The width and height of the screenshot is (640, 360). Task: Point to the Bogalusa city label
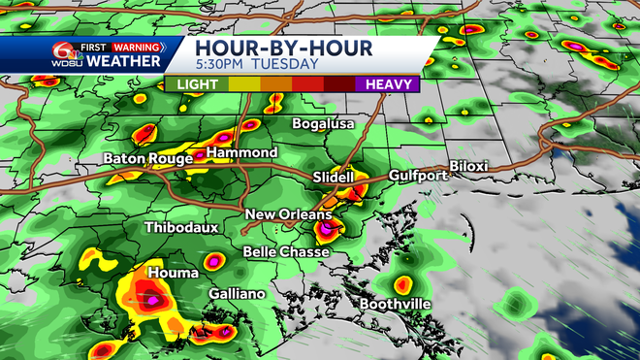(x=324, y=125)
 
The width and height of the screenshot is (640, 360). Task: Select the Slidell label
(x=335, y=178)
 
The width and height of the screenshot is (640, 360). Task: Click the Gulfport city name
(x=418, y=175)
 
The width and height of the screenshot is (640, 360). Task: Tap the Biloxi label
(x=468, y=166)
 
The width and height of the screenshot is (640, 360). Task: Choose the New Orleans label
(x=288, y=214)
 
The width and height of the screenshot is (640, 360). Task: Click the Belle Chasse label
(x=286, y=251)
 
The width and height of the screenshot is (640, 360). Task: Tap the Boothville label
(x=396, y=304)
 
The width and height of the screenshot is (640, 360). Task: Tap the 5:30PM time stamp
(x=219, y=64)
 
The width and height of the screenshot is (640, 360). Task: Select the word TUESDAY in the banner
(x=285, y=64)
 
